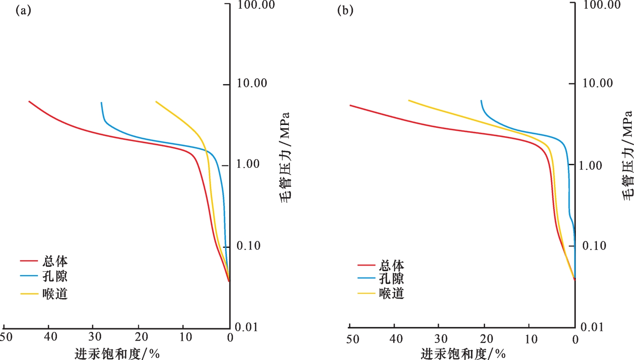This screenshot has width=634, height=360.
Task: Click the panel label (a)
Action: point(23,10)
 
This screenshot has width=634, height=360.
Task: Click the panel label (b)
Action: point(345,10)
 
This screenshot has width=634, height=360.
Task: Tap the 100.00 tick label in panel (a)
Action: point(256,5)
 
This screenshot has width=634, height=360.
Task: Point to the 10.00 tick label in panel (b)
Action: point(597,83)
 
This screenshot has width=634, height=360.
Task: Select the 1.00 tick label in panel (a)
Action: point(248,164)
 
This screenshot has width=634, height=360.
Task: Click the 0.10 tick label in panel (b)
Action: point(594,246)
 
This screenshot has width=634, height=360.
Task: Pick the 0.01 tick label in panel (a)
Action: point(246,327)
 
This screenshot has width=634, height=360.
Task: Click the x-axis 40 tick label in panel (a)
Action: point(51,337)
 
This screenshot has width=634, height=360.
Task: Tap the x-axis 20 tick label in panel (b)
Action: point(487,339)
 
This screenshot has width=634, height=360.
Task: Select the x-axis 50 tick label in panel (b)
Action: point(353,339)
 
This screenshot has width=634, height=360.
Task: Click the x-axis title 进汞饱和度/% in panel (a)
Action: point(117,353)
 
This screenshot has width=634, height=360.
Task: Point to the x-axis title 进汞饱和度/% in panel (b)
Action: point(463,353)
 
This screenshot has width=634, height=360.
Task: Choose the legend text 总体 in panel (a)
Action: point(55,261)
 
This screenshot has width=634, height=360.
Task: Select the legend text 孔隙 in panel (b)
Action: point(391,278)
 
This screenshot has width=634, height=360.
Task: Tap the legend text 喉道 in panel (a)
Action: point(55,294)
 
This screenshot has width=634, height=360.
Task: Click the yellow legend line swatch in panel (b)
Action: point(366,293)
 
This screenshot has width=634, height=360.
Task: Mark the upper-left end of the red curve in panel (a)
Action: point(29,101)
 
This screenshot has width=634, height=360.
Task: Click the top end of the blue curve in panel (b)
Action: point(481,100)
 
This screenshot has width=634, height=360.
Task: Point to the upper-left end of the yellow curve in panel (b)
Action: point(408,100)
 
